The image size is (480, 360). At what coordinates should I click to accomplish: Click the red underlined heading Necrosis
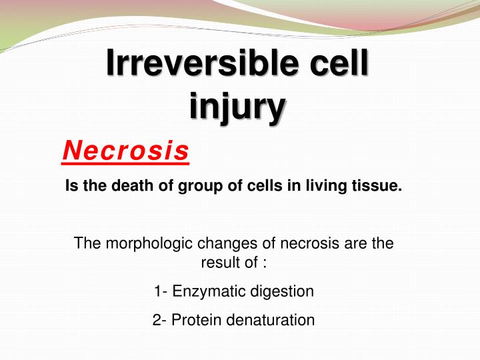tap(125, 151)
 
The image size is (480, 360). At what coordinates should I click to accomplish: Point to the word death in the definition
tap(138, 187)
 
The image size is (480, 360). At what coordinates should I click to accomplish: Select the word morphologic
tap(139, 244)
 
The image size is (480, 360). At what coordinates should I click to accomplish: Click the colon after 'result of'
tap(265, 263)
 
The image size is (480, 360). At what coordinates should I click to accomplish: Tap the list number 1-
tap(160, 291)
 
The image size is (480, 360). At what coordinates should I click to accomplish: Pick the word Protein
tap(197, 320)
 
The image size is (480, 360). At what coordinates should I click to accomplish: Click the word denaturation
tap(271, 320)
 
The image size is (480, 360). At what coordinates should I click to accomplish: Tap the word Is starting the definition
tap(71, 187)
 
